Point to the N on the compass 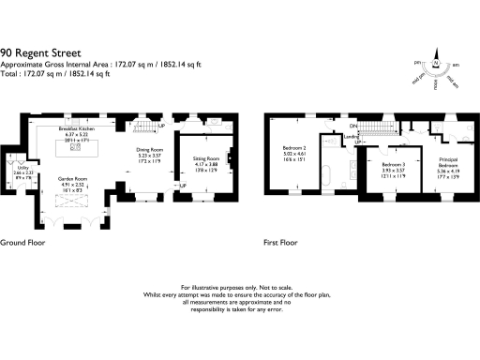(x=437, y=64)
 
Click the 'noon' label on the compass (x=437, y=83)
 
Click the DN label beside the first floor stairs (x=353, y=126)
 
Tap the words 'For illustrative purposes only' (x=220, y=287)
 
